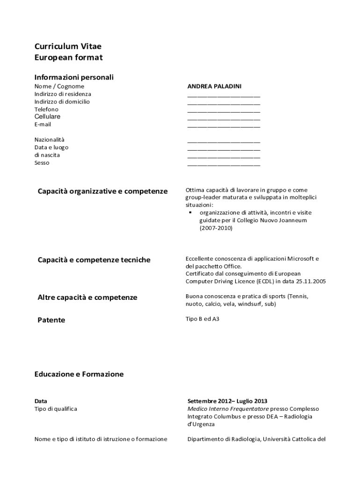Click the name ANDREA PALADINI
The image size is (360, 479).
click(214, 87)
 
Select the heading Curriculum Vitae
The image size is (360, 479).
click(68, 46)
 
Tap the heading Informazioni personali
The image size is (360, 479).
click(74, 77)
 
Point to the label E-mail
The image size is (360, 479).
click(43, 124)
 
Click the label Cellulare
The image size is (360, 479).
click(47, 116)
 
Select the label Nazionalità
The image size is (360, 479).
click(50, 139)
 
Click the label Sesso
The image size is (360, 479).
click(42, 163)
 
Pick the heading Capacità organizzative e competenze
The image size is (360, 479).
click(102, 191)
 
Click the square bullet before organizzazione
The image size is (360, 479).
click(191, 212)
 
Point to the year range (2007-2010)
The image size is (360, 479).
click(216, 228)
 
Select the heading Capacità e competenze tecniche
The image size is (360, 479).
click(94, 260)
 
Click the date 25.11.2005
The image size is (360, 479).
click(311, 281)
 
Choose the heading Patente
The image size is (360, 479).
click(51, 320)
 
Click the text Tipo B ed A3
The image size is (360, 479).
click(202, 319)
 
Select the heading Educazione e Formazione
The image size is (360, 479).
click(79, 374)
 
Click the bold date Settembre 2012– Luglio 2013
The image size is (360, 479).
click(227, 401)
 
